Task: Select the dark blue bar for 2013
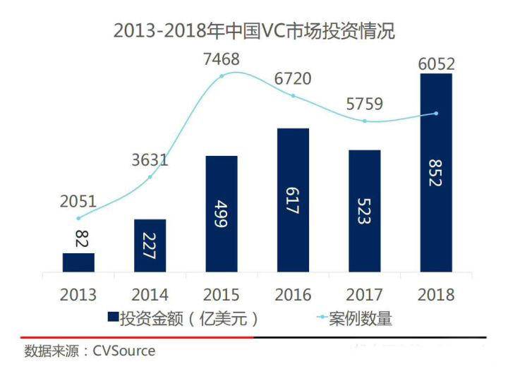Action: pyautogui.click(x=78, y=262)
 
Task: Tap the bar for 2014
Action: pyautogui.click(x=150, y=245)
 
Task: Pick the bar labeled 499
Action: pyautogui.click(x=222, y=214)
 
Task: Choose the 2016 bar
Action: pyautogui.click(x=293, y=200)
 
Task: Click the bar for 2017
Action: pyautogui.click(x=364, y=211)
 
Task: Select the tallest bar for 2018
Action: pyautogui.click(x=436, y=173)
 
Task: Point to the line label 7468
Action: pyautogui.click(x=222, y=59)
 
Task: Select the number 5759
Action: pyautogui.click(x=364, y=104)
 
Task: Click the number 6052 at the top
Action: pyautogui.click(x=436, y=63)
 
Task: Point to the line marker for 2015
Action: pyautogui.click(x=222, y=75)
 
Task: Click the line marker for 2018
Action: pyautogui.click(x=436, y=114)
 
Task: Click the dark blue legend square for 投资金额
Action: pyautogui.click(x=111, y=318)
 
